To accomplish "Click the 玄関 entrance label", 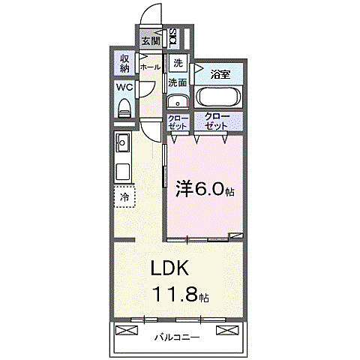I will point(150,40).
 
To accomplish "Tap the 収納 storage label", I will point(124,64).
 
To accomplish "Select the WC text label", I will point(124,88).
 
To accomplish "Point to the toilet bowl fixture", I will point(124,107).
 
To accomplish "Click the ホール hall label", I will point(151,66).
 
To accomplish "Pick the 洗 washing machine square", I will point(178,63).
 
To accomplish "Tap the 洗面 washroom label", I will point(178,82).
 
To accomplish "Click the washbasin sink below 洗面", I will point(178,102).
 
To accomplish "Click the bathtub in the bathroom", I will point(218,97).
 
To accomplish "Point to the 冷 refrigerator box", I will point(124,196).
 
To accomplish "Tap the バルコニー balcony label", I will point(177,337).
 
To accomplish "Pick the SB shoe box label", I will point(173,37).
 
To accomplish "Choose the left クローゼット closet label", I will point(178,122).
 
